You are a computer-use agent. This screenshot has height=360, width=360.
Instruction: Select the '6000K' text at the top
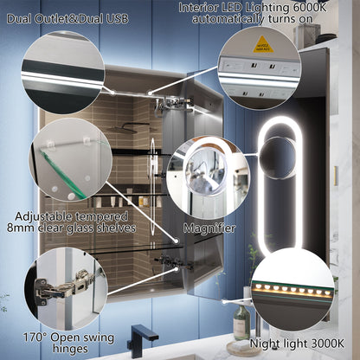326,7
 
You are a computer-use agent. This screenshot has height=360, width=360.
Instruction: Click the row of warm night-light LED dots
291,288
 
